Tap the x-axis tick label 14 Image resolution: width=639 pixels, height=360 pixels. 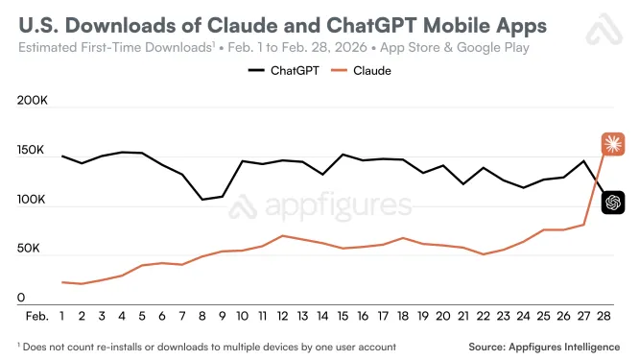pos(322,316)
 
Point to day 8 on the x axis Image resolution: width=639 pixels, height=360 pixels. pos(202,316)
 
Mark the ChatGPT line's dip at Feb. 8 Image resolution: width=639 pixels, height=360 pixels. pos(202,200)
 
